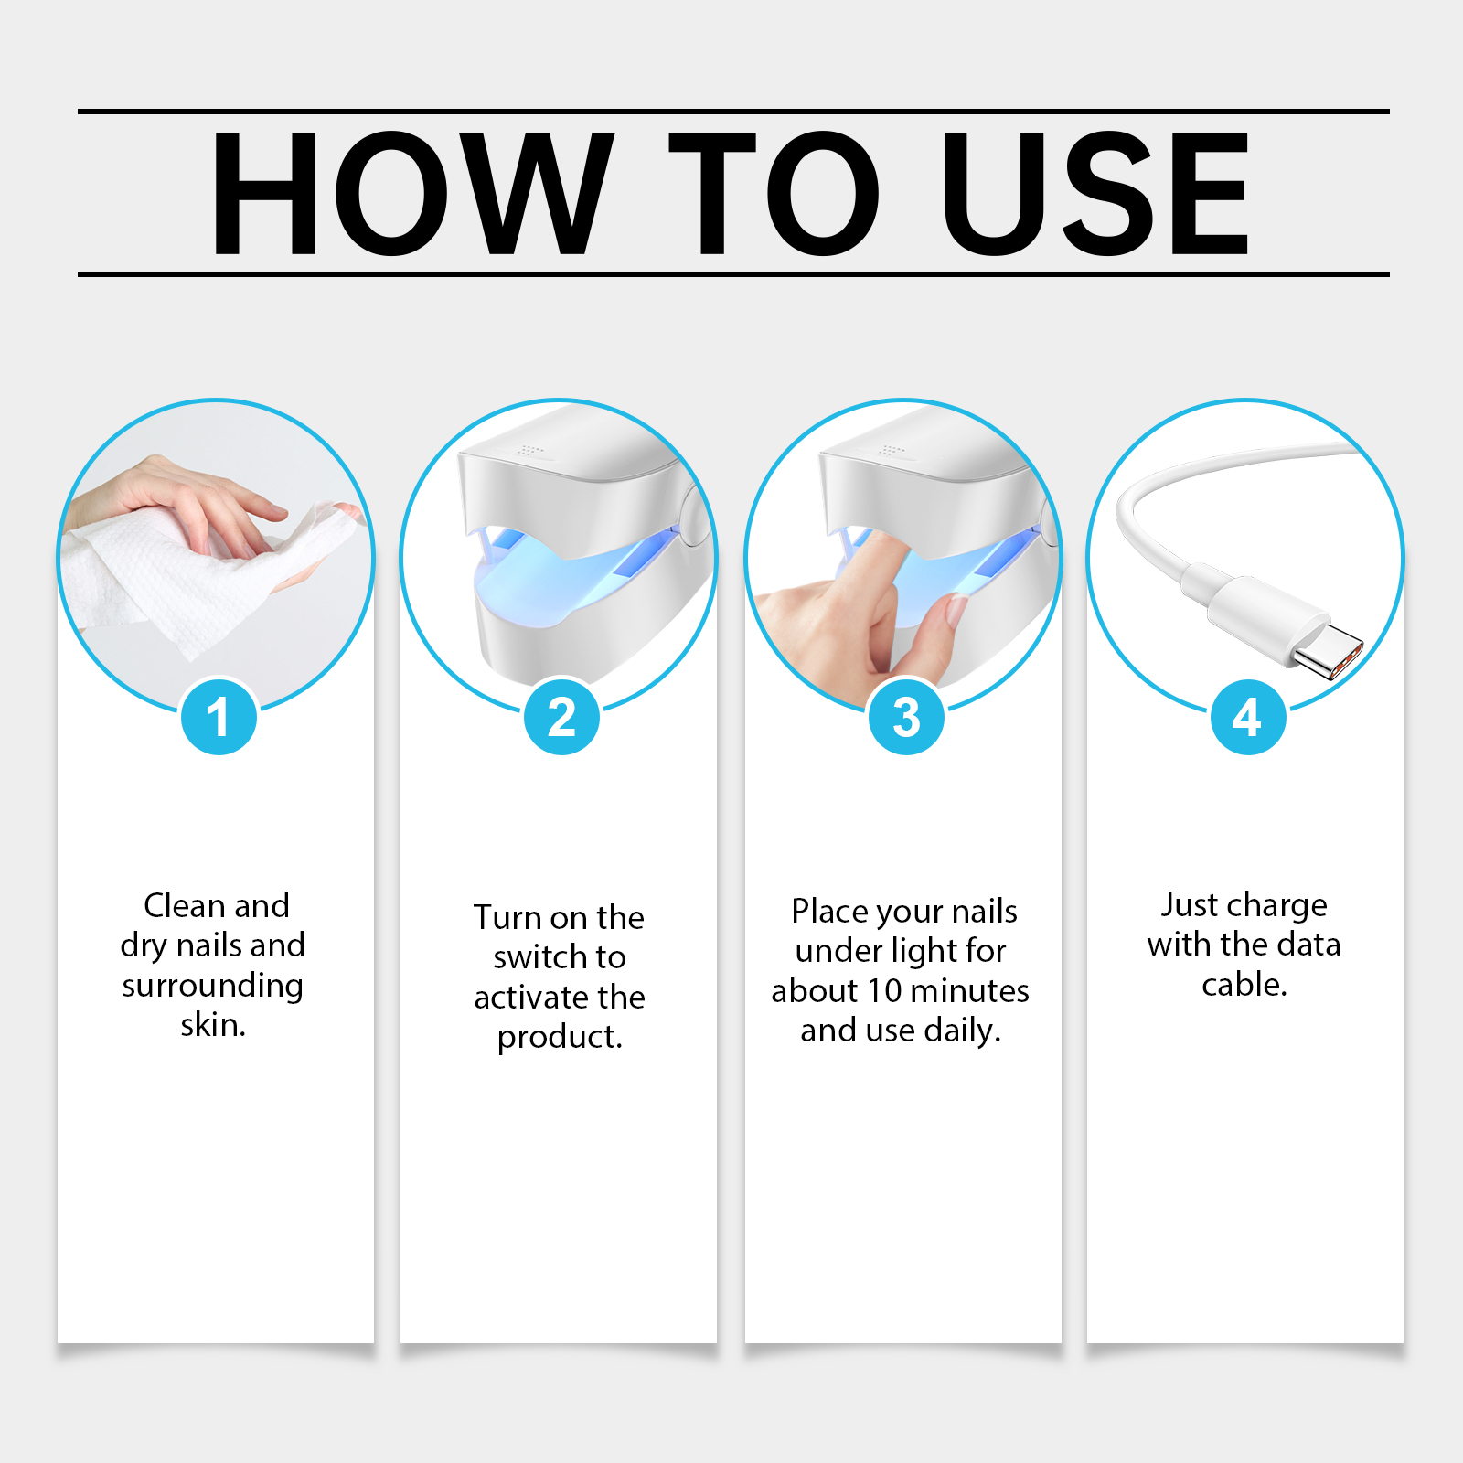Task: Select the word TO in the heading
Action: (x=774, y=193)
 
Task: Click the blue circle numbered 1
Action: (x=219, y=717)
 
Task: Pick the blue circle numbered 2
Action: (x=561, y=717)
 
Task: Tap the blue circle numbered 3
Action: (x=905, y=717)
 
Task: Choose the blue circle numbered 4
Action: (x=1248, y=717)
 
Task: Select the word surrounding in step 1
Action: (x=213, y=986)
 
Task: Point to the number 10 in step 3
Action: (x=884, y=990)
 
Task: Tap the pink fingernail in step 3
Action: (x=956, y=609)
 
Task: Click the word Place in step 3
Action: (x=828, y=911)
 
